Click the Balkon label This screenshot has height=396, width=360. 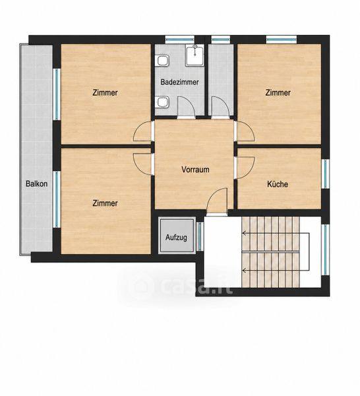point(36,183)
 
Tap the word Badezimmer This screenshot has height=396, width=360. point(179,82)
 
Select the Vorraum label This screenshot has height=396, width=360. point(195,170)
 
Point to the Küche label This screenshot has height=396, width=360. point(278,184)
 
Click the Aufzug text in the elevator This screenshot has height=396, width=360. point(176,238)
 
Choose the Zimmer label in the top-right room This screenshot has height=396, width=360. point(278,92)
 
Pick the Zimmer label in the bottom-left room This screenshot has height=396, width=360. point(105,203)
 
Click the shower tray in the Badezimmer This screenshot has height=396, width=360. point(195,55)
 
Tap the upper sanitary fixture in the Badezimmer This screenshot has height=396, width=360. point(162,61)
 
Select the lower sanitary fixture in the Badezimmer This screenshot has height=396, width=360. point(162,102)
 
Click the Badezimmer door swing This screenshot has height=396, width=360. point(187,107)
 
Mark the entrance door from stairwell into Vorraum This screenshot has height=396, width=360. point(217,202)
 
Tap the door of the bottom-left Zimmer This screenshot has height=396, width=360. point(144,164)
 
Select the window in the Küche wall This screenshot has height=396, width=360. point(326,174)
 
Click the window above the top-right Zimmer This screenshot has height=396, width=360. point(282,40)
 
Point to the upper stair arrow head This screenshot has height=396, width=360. point(244,234)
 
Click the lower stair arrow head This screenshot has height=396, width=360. point(244,271)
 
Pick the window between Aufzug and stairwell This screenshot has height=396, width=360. point(200,237)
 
